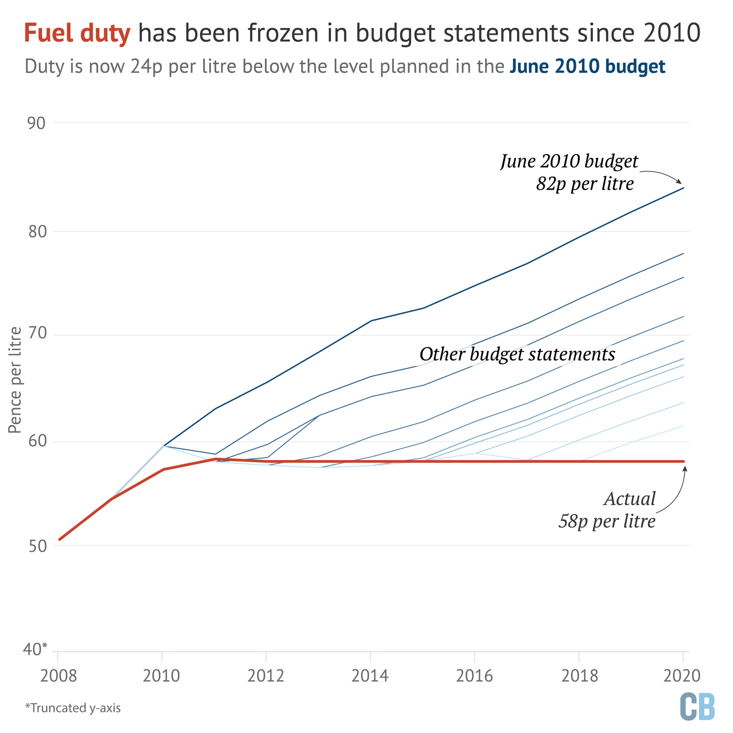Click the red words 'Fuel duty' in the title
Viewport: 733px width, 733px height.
coord(77,33)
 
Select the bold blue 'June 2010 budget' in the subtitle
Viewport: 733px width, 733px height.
coord(587,67)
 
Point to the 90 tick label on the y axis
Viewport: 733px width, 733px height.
coord(37,123)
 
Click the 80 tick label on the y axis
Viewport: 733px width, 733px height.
coord(37,232)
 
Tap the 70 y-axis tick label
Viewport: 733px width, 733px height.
coord(37,333)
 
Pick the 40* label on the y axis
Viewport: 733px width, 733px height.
coord(35,649)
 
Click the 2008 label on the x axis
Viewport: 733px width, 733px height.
coord(58,676)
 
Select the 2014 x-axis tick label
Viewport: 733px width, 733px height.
coord(370,676)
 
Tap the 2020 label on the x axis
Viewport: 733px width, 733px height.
coord(682,676)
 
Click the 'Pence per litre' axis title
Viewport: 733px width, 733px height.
coord(15,380)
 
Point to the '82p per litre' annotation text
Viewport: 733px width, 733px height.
coord(585,184)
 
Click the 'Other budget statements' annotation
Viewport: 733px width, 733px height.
coord(517,354)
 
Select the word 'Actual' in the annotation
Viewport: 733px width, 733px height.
coord(630,499)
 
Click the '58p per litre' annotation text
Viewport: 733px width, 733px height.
coord(607,521)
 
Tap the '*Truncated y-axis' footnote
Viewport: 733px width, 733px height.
coord(73,708)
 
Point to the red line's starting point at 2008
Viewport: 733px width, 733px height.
coord(59,539)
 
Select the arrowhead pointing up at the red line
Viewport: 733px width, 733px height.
coord(685,469)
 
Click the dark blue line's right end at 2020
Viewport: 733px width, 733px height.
coord(683,188)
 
